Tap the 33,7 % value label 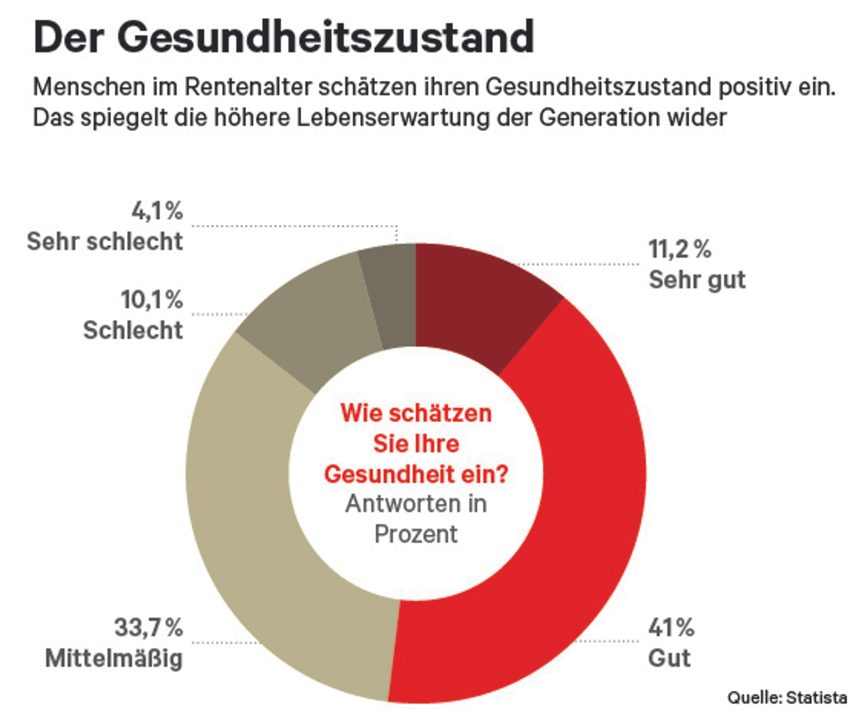pos(148,627)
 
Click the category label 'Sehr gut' pos(697,280)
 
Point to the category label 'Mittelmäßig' pos(114,658)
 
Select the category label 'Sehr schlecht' pos(105,241)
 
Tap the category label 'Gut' pos(669,658)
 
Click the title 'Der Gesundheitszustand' pos(284,37)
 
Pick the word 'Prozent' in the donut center pos(416,534)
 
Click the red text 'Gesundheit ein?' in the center pos(416,474)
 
